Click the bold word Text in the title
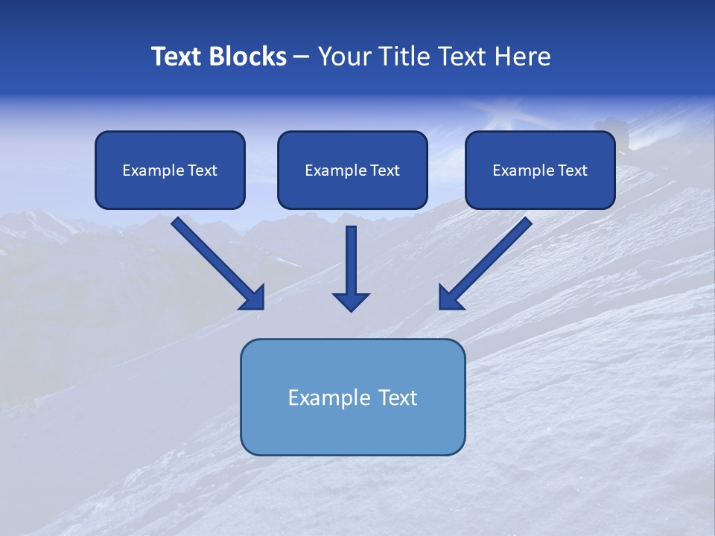pos(177,57)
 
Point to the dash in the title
pos(302,57)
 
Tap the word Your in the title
pos(344,57)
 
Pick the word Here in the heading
pos(524,57)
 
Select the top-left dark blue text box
pos(170,170)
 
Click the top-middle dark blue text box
pos(352,170)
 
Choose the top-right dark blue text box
pos(540,170)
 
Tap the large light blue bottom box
pos(352,397)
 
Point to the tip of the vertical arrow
pos(351,309)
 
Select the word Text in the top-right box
pos(572,170)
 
